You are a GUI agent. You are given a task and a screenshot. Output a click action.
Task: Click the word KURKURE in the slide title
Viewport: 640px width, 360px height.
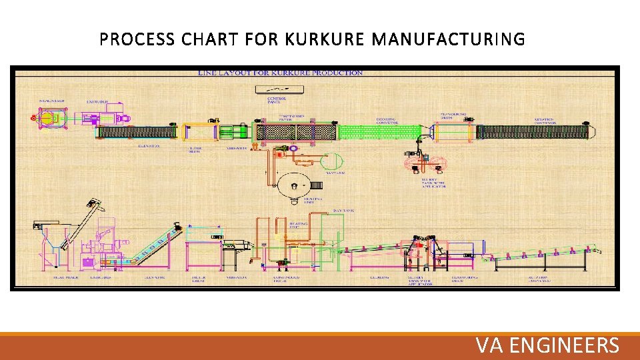coord(324,40)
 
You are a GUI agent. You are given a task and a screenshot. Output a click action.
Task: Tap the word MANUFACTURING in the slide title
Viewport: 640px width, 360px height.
coord(448,40)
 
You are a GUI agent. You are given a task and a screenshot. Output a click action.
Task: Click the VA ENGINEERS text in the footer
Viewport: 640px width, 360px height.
coord(547,345)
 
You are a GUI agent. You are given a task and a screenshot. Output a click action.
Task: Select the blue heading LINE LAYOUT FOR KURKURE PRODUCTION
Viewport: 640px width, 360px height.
coord(280,73)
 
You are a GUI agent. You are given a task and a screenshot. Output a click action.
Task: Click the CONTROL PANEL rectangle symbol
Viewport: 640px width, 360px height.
coord(277,89)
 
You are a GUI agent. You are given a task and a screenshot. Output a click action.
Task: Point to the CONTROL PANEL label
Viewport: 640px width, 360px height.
coord(277,100)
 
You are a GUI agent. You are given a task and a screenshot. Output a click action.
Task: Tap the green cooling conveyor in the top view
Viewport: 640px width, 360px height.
coord(380,132)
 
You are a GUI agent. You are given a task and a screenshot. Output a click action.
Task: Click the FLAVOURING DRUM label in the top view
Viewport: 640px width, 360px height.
coord(455,115)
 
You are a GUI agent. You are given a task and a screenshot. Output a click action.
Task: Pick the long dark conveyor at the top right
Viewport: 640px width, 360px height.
coord(533,132)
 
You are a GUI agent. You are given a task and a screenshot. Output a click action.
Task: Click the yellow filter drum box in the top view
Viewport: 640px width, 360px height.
coord(197,132)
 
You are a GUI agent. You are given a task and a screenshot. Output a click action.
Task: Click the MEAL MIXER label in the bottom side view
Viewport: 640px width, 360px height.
coord(50,275)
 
